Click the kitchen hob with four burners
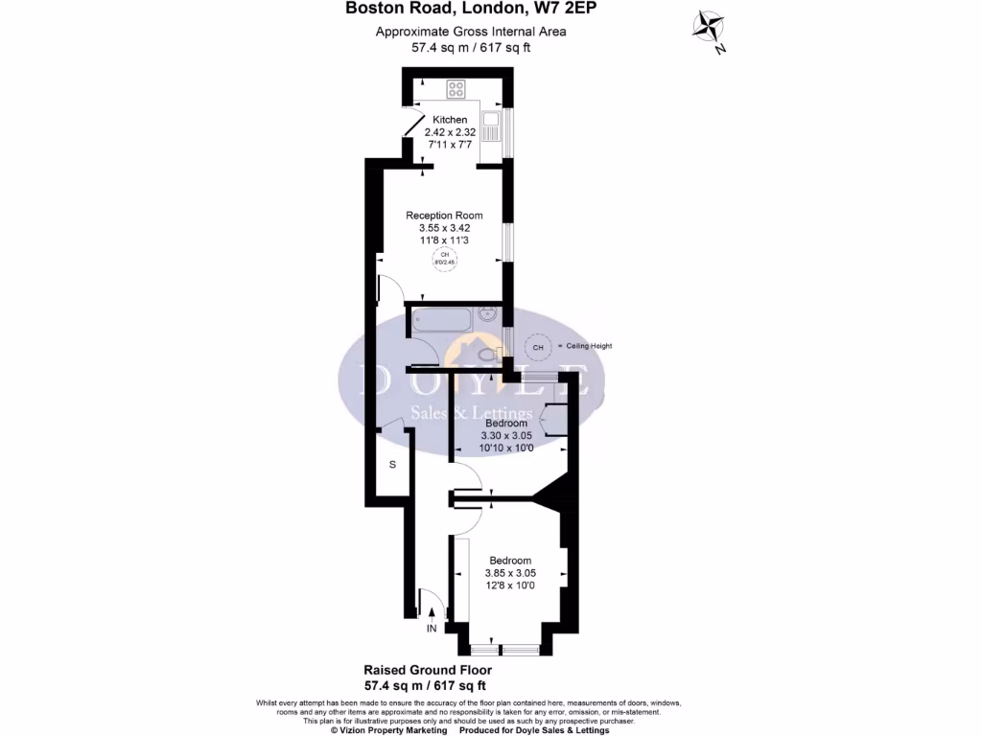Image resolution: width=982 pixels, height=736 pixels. (456, 89)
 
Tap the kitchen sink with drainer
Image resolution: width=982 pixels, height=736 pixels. (491, 129)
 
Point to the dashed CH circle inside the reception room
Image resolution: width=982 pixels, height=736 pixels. (443, 259)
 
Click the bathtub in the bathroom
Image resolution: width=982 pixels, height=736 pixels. (440, 321)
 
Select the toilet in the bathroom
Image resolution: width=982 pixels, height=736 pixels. (488, 355)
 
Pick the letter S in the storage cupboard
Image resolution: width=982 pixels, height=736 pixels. (392, 465)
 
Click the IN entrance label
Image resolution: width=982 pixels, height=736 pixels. (432, 629)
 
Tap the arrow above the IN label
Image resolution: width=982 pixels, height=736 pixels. (432, 612)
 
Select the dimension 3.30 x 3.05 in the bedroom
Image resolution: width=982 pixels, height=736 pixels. (505, 435)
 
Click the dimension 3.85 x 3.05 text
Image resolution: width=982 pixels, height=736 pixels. (510, 573)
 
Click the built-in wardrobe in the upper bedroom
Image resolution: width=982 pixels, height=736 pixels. (550, 421)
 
